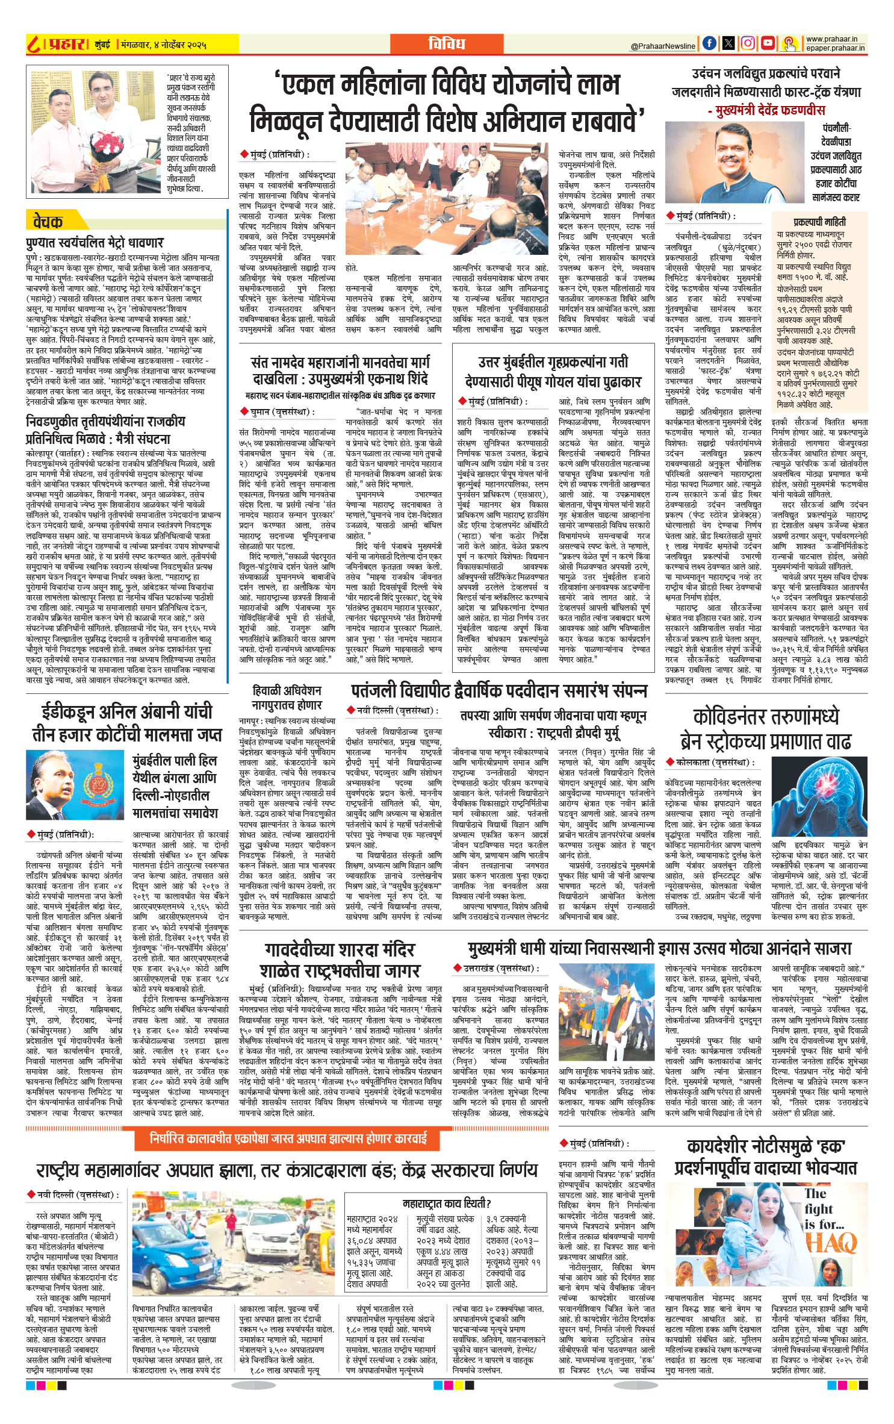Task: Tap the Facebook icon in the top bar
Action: pyautogui.click(x=710, y=43)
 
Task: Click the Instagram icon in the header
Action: pyautogui.click(x=748, y=43)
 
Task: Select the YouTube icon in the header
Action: pyautogui.click(x=767, y=43)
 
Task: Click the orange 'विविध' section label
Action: pyautogui.click(x=446, y=43)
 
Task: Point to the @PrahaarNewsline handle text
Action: pyautogui.click(x=663, y=46)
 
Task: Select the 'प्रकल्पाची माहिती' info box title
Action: pyautogui.click(x=819, y=222)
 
